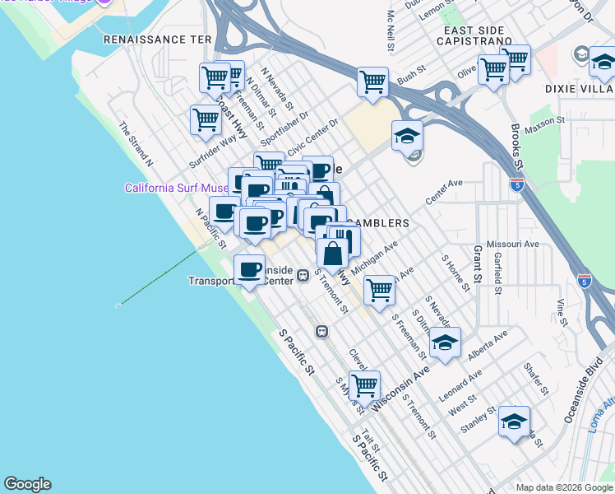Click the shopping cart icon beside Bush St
click(372, 82)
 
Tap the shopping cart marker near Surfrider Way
click(206, 119)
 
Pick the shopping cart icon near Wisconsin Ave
click(363, 384)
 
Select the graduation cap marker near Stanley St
click(513, 423)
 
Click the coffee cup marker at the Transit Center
click(249, 269)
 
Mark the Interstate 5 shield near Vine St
click(584, 282)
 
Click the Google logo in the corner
click(27, 484)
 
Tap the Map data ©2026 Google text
click(563, 487)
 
